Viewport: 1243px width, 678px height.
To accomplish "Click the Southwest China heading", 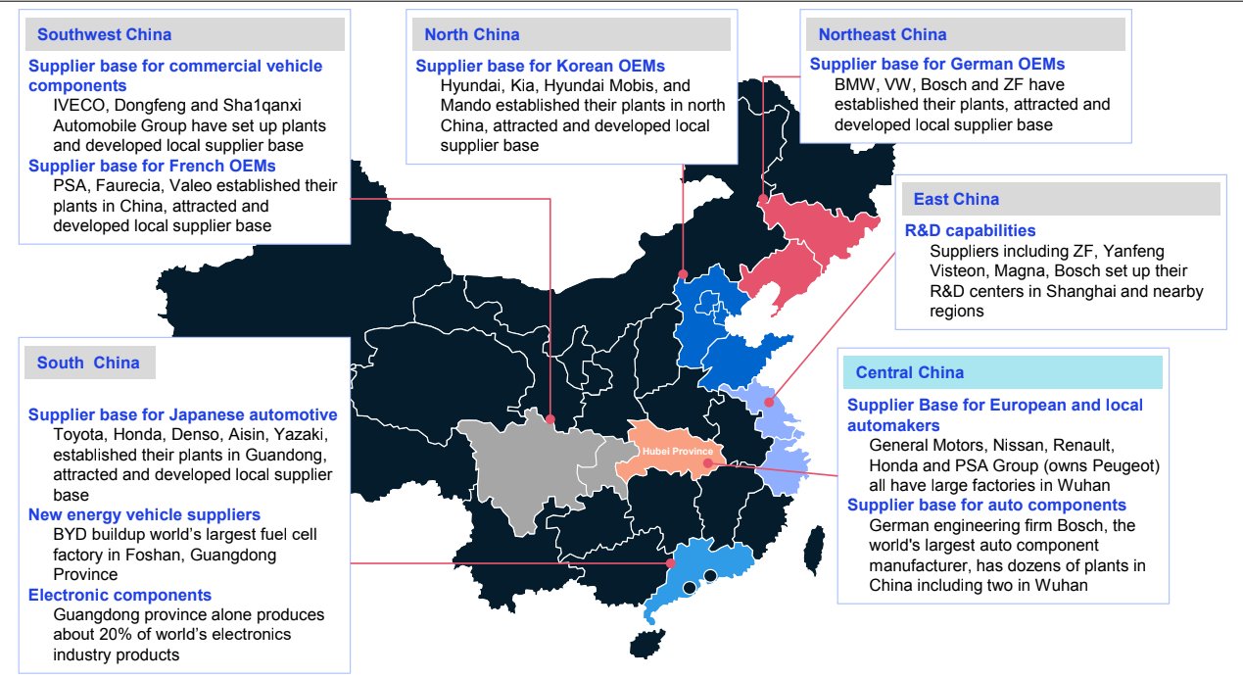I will (104, 35).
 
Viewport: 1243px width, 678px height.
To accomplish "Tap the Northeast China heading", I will (882, 35).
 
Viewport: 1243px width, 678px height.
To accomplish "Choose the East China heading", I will (955, 200).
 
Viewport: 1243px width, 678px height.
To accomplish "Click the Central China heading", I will (909, 372).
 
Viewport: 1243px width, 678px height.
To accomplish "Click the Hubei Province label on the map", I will (677, 451).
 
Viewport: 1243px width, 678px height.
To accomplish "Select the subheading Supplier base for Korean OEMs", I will (540, 67).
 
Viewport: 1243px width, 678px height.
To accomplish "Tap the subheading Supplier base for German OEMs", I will (936, 65).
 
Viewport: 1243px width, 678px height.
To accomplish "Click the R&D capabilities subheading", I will (970, 231).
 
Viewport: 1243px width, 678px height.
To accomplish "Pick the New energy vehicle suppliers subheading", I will (144, 515).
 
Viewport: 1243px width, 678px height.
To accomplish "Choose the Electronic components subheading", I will (120, 596).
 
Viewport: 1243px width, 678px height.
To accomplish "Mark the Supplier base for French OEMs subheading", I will (152, 166).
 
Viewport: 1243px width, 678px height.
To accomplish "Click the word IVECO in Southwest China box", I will (80, 107).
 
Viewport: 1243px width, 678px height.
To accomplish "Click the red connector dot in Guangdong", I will (670, 563).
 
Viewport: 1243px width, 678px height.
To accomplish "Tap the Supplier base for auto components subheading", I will (986, 506).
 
